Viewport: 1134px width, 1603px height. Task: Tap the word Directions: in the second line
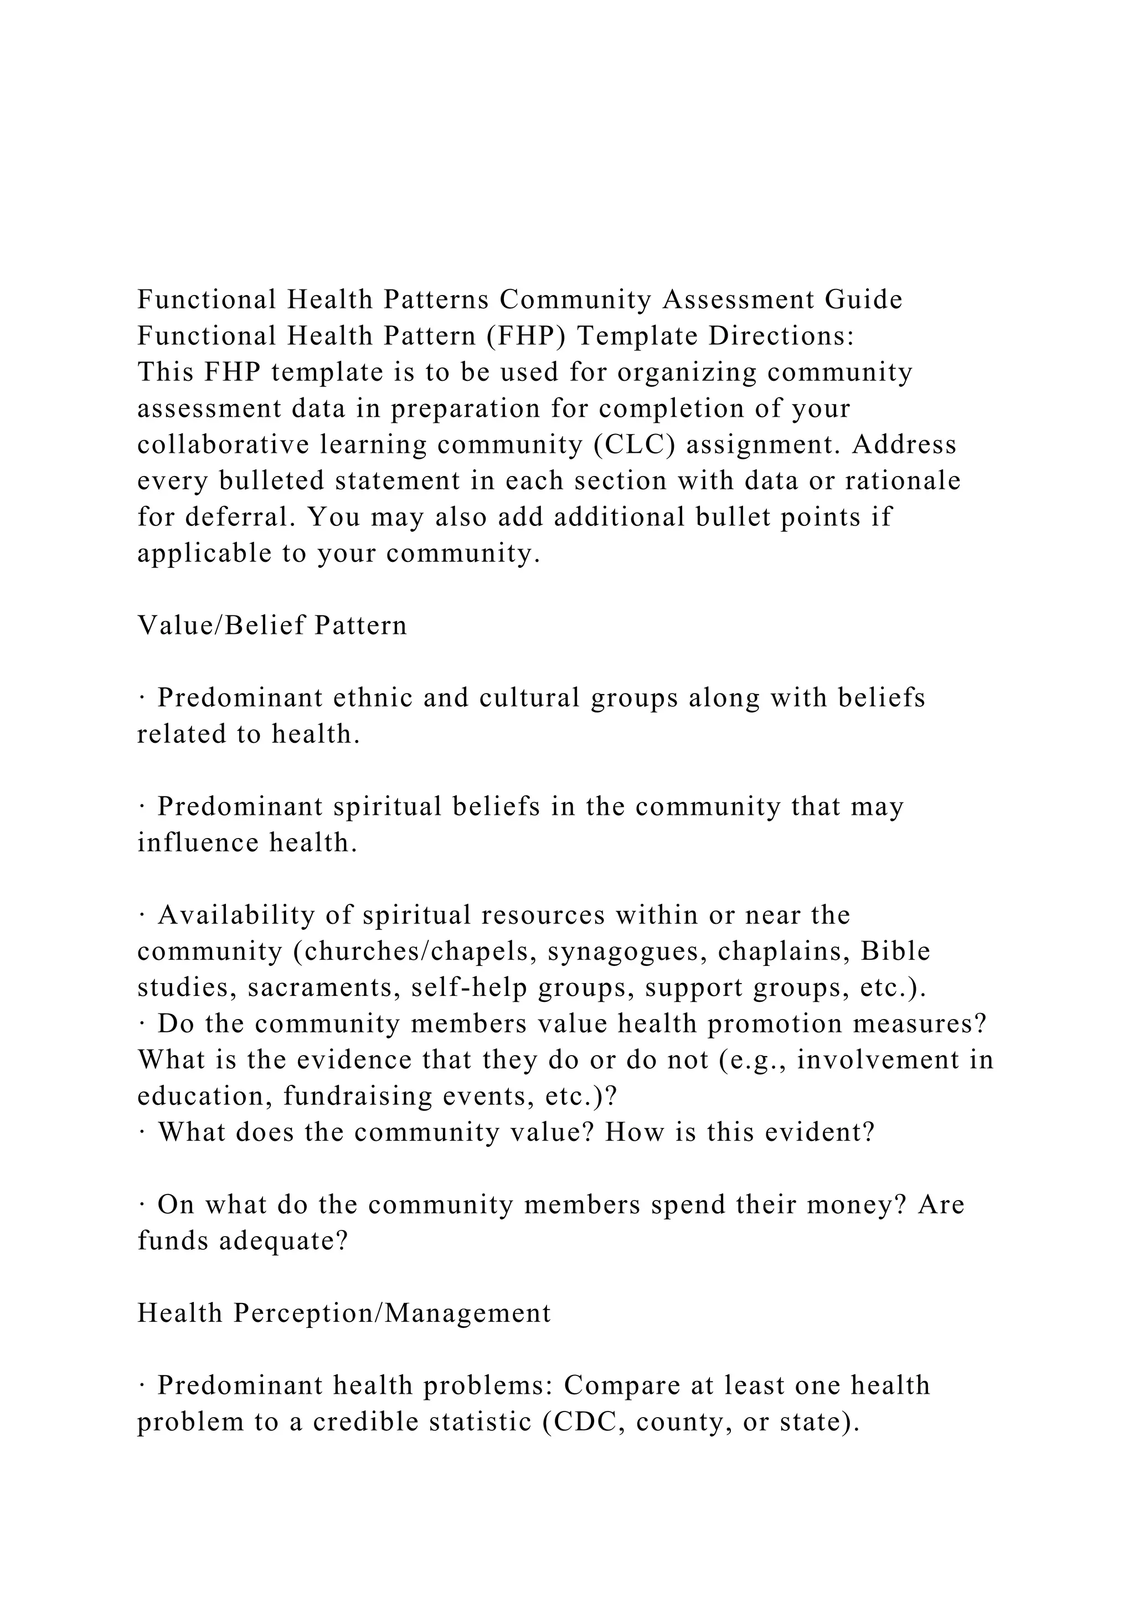tap(781, 336)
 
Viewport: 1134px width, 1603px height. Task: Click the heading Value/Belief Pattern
tap(272, 625)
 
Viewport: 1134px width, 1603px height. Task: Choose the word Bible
tap(895, 952)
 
